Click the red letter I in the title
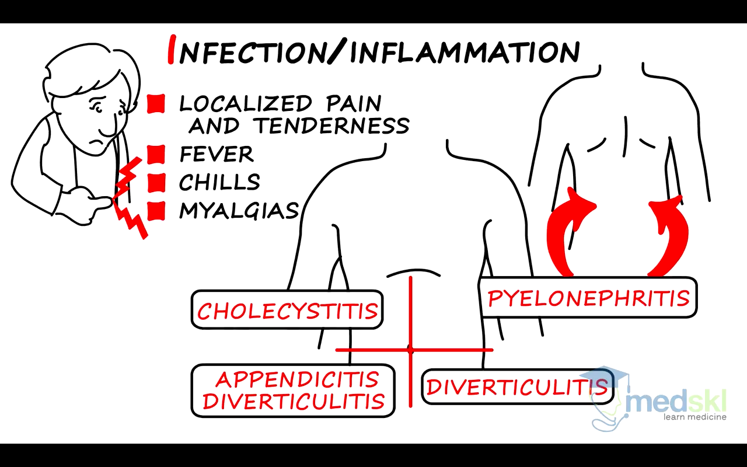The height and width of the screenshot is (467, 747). [x=171, y=50]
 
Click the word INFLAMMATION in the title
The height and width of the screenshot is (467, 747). [x=465, y=51]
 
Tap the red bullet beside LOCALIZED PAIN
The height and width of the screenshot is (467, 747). [x=156, y=104]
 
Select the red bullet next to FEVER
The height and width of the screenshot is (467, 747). [x=156, y=155]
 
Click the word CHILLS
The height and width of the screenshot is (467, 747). [x=219, y=182]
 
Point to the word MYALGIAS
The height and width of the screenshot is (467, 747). [x=239, y=211]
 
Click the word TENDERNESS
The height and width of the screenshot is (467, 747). [x=331, y=126]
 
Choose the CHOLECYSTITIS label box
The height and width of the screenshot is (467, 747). [x=287, y=310]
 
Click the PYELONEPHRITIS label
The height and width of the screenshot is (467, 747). [x=588, y=298]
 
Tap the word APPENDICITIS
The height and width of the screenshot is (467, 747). [x=297, y=380]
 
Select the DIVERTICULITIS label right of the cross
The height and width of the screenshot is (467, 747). [x=516, y=387]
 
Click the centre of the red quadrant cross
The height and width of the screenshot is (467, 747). [x=411, y=350]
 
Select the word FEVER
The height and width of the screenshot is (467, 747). [x=217, y=155]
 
